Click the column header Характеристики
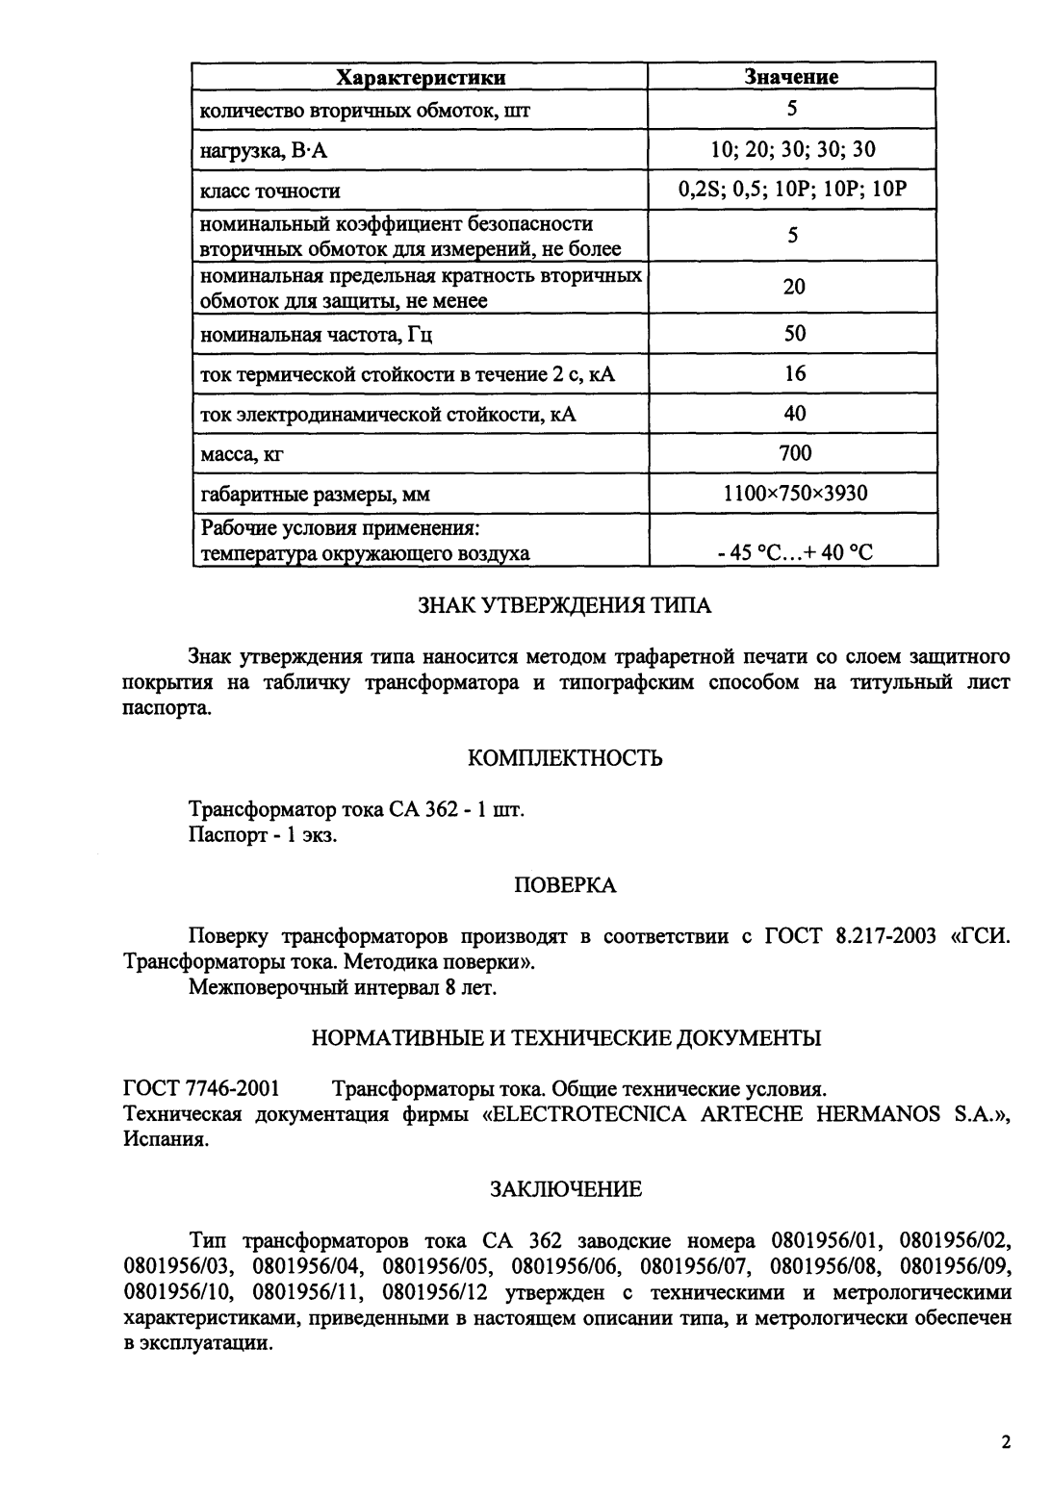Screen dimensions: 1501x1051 click(x=420, y=77)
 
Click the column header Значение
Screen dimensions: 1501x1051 click(x=792, y=77)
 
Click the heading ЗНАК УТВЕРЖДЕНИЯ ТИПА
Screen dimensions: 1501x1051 click(x=565, y=606)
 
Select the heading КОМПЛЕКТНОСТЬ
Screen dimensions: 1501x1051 click(x=565, y=759)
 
